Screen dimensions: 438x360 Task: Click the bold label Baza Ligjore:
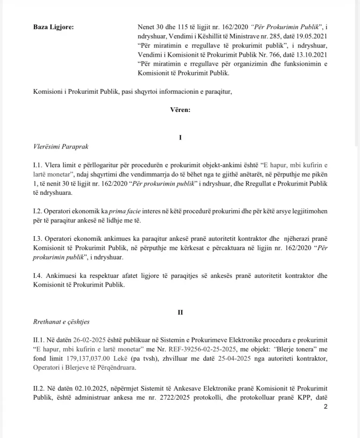(x=53, y=26)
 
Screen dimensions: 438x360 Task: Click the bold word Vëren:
(x=180, y=110)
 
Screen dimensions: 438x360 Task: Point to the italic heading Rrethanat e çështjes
(x=61, y=322)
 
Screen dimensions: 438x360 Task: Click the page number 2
(x=325, y=407)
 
